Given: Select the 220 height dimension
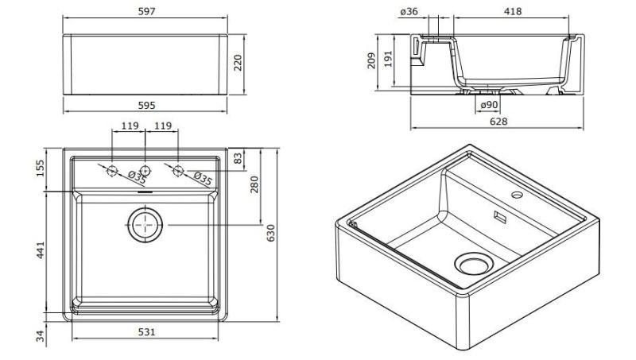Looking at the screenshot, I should pyautogui.click(x=238, y=63).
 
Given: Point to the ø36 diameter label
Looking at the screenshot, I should pyautogui.click(x=409, y=12).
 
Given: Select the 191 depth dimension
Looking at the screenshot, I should pyautogui.click(x=389, y=58).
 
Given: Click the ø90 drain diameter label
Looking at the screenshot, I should pyautogui.click(x=488, y=105).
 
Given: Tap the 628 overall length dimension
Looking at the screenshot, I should pyautogui.click(x=498, y=122).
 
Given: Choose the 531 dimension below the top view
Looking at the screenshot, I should pyautogui.click(x=145, y=332).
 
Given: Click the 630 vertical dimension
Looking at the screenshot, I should pyautogui.click(x=270, y=233).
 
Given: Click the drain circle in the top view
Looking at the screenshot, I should pyautogui.click(x=145, y=226).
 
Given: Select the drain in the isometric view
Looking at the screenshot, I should pyautogui.click(x=472, y=262).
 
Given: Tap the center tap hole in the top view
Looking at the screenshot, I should pyautogui.click(x=145, y=169).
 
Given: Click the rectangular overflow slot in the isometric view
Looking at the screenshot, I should pyautogui.click(x=501, y=215).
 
